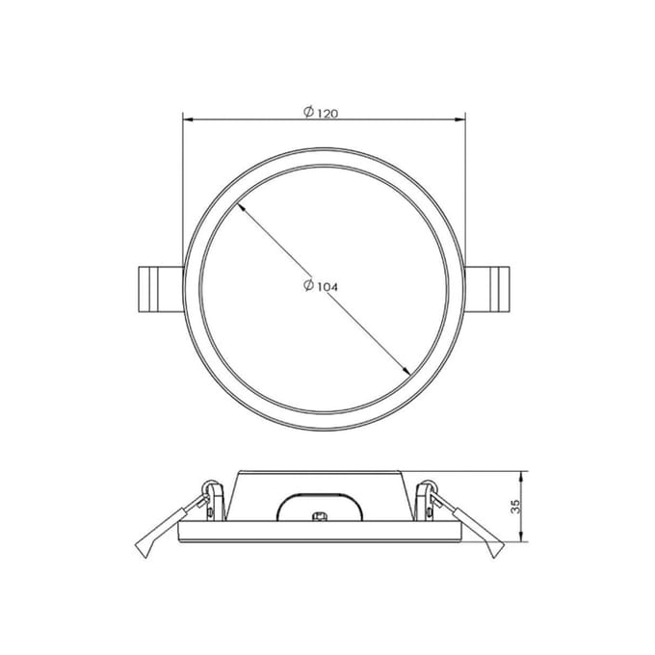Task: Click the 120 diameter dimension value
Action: coord(327,114)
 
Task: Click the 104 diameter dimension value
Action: coord(327,287)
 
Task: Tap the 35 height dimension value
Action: coord(516,507)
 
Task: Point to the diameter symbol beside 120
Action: coord(308,112)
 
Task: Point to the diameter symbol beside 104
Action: coord(308,285)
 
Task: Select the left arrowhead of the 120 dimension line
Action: coord(188,119)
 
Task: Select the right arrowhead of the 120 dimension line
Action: coord(460,119)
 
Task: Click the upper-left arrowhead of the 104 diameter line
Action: coord(240,206)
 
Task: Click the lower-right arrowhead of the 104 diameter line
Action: coord(406,371)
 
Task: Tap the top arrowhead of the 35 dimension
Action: coord(521,476)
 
